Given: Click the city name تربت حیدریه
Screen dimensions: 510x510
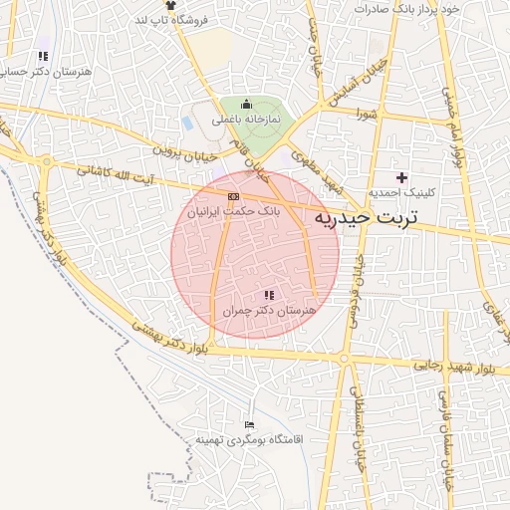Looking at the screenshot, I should (367, 215).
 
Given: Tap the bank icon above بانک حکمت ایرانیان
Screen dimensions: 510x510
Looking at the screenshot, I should (234, 196).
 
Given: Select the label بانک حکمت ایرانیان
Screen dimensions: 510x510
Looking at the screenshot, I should (234, 211).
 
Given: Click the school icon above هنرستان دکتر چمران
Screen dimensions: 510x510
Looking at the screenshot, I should (269, 295).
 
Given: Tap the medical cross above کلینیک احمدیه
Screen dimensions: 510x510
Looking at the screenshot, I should (401, 177).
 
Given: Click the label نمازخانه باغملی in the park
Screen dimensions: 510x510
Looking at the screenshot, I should (246, 119).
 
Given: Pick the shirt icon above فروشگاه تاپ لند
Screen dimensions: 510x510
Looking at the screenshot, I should (170, 6).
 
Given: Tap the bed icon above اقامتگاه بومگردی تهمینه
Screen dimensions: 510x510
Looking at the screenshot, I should (249, 425).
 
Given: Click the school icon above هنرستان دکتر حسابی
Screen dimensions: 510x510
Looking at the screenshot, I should (42, 57).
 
